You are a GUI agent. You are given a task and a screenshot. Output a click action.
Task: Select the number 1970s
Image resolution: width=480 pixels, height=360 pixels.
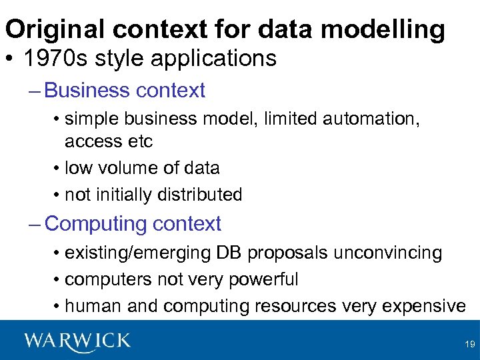tap(56, 59)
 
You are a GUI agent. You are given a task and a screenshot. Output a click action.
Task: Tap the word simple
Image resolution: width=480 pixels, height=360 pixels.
tap(96, 119)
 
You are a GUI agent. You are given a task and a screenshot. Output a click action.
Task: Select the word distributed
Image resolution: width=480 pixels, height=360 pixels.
tap(199, 195)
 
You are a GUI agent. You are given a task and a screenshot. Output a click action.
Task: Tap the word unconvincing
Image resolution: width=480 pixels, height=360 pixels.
tap(386, 253)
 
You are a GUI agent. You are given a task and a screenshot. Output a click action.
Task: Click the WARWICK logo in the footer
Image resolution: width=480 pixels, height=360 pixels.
tap(77, 341)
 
